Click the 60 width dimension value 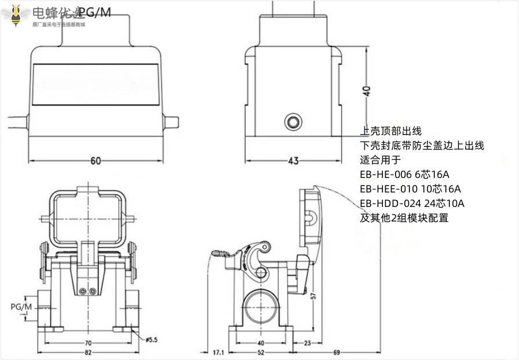(x=96, y=161)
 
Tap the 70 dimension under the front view (x=88, y=343)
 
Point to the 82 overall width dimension (x=88, y=352)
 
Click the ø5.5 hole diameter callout (x=152, y=340)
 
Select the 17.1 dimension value (x=218, y=352)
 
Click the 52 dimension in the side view (x=262, y=352)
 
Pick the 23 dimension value (x=308, y=343)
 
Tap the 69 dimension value (x=337, y=352)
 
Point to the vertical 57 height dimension (x=313, y=296)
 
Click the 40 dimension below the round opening (x=262, y=343)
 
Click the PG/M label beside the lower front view (x=21, y=306)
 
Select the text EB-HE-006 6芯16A (x=404, y=174)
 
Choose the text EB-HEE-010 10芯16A (x=410, y=189)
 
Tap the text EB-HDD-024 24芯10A (x=412, y=203)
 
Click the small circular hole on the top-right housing (x=293, y=122)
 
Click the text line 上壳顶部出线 (x=391, y=132)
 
